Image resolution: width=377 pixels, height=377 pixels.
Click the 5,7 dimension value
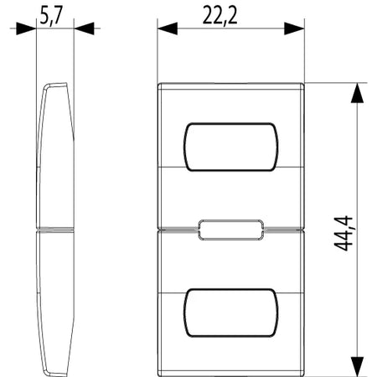click(x=51, y=15)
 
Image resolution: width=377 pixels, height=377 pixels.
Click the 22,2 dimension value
click(x=219, y=15)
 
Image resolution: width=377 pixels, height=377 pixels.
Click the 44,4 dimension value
click(x=343, y=233)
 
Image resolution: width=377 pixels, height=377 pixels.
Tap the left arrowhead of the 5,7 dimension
click(x=26, y=28)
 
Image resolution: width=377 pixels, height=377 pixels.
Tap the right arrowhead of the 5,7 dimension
click(x=84, y=28)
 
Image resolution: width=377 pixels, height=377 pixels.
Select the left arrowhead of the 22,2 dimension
click(x=168, y=28)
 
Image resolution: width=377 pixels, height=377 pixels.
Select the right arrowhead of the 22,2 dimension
click(x=294, y=28)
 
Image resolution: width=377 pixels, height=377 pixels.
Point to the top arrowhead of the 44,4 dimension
click(x=358, y=93)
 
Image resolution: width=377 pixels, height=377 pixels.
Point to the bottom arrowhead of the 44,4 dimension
click(x=358, y=367)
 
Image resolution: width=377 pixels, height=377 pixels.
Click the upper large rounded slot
click(x=231, y=123)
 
